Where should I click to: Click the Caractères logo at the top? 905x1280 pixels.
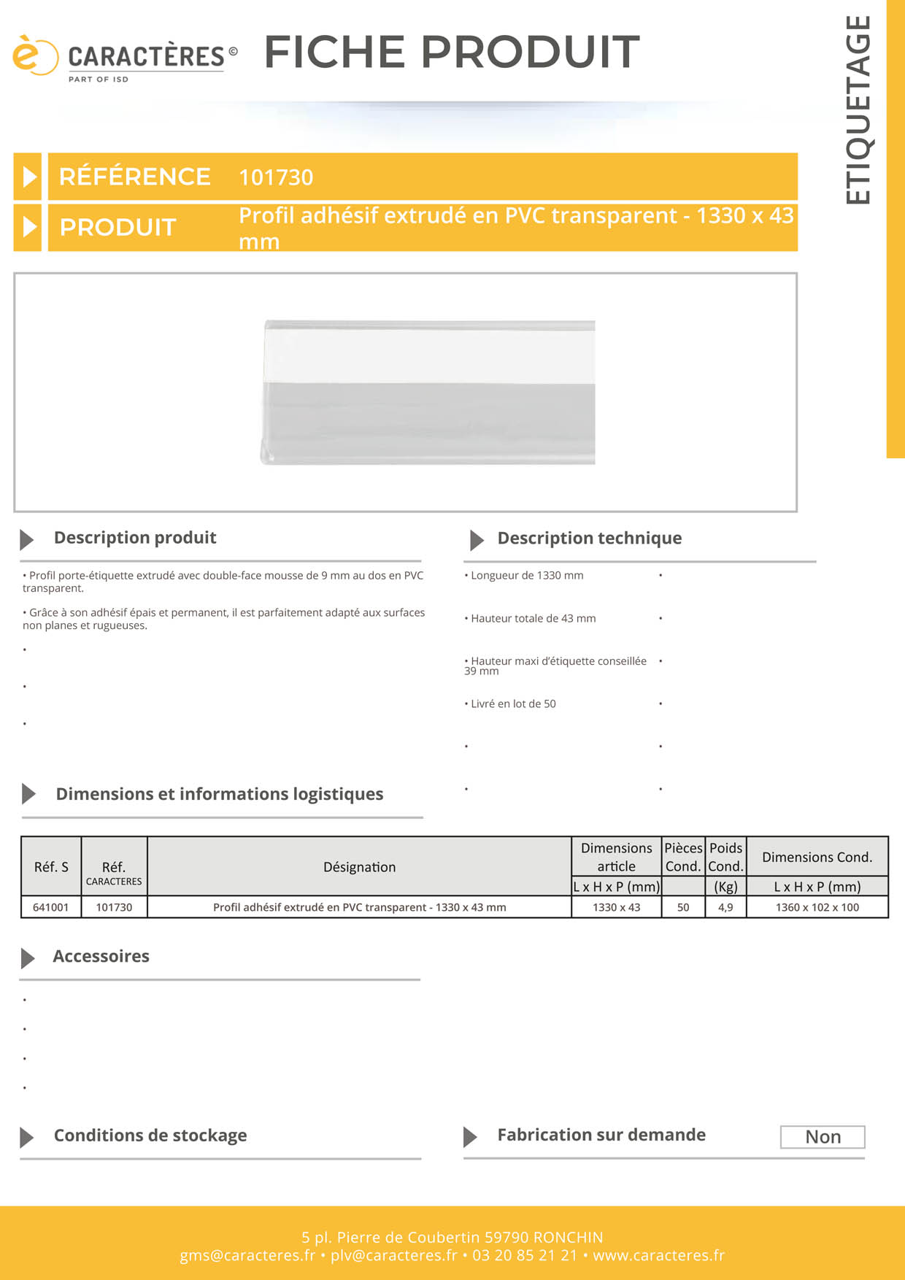coord(124,58)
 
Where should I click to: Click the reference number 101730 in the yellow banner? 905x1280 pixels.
coord(276,177)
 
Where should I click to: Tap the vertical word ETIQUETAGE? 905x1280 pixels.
coord(858,109)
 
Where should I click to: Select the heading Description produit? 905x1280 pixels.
coord(135,538)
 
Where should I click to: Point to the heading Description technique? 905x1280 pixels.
coord(589,539)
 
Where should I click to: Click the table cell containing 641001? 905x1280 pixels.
coord(51,907)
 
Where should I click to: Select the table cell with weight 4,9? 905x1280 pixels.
coord(725,907)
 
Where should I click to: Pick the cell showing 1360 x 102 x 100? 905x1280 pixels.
coord(817,907)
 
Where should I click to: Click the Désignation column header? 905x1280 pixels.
coord(359,867)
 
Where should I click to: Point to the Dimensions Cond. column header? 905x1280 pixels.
coord(817,857)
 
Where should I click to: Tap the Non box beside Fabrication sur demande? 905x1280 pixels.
coord(823,1137)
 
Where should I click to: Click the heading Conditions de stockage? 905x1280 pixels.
coord(150,1136)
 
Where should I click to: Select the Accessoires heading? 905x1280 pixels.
coord(101,957)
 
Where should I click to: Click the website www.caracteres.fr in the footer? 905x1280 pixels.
coord(658,1255)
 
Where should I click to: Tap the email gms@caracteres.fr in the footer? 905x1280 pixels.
coord(247,1255)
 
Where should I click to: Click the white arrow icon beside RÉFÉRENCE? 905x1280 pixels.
coord(28,177)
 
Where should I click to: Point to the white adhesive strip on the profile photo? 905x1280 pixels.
coord(429,356)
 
